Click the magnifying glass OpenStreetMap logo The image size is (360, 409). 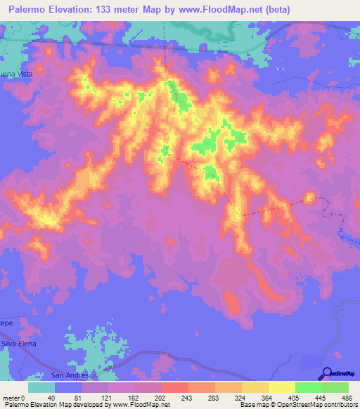(328, 373)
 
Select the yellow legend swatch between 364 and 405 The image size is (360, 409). (281, 387)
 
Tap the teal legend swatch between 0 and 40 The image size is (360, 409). (41, 387)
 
